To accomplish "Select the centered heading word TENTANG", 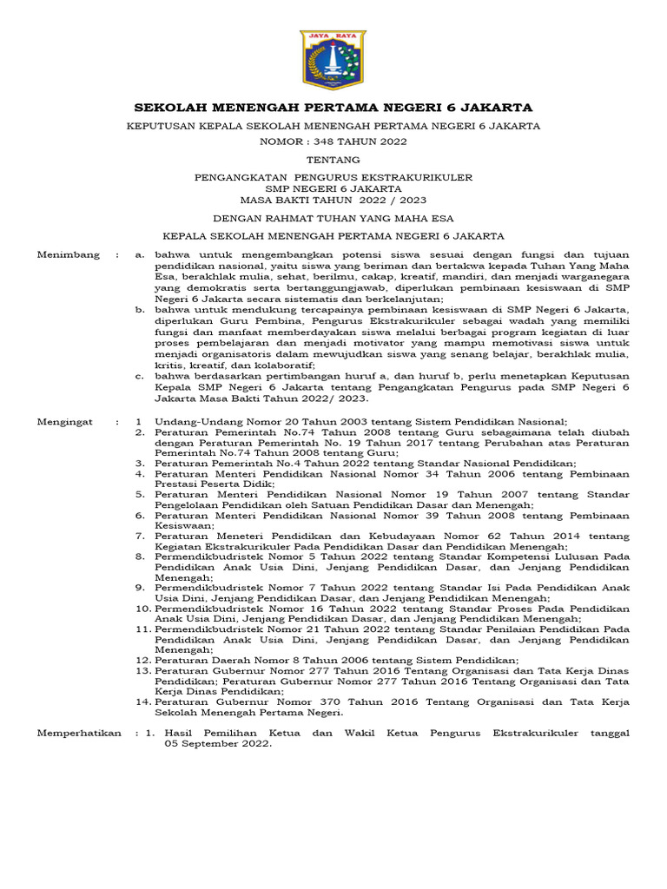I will (x=333, y=160).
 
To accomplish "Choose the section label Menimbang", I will (x=66, y=255).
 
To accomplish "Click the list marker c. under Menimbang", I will (x=140, y=376).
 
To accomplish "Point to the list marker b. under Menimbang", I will (x=140, y=308).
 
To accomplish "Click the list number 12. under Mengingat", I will (x=142, y=661).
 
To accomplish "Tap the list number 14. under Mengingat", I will (x=142, y=701).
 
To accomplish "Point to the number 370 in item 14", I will (x=316, y=701).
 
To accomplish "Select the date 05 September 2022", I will (x=207, y=745).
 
